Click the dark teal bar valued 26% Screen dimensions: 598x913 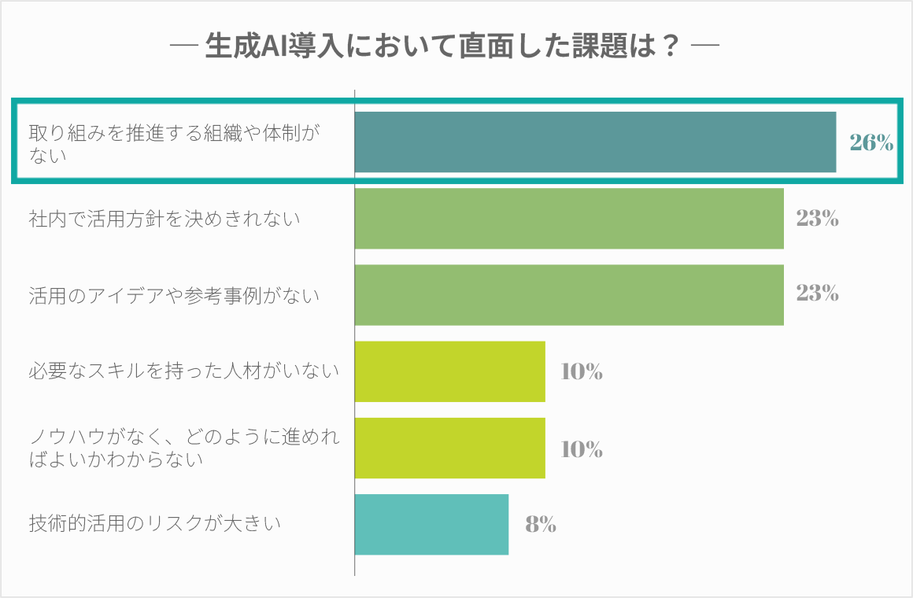click(595, 142)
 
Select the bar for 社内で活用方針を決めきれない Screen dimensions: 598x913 click(569, 218)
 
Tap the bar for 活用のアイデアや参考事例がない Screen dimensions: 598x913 click(569, 295)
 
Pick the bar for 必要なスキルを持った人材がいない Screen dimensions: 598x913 click(449, 371)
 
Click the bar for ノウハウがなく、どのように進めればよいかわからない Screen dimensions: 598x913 click(449, 448)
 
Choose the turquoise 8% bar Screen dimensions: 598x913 click(431, 524)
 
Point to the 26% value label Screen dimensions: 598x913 click(871, 142)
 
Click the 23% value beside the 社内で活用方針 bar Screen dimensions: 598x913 click(817, 218)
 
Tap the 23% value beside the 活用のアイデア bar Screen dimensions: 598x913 click(817, 294)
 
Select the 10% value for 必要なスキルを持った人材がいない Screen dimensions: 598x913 click(582, 371)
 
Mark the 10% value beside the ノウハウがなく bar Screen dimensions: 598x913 click(582, 448)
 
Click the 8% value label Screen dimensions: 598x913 click(541, 524)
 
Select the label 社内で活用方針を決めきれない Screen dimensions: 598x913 click(164, 219)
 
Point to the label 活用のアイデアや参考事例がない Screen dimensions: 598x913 click(174, 296)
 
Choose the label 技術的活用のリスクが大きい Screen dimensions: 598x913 click(155, 523)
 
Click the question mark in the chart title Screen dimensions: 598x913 click(670, 46)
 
